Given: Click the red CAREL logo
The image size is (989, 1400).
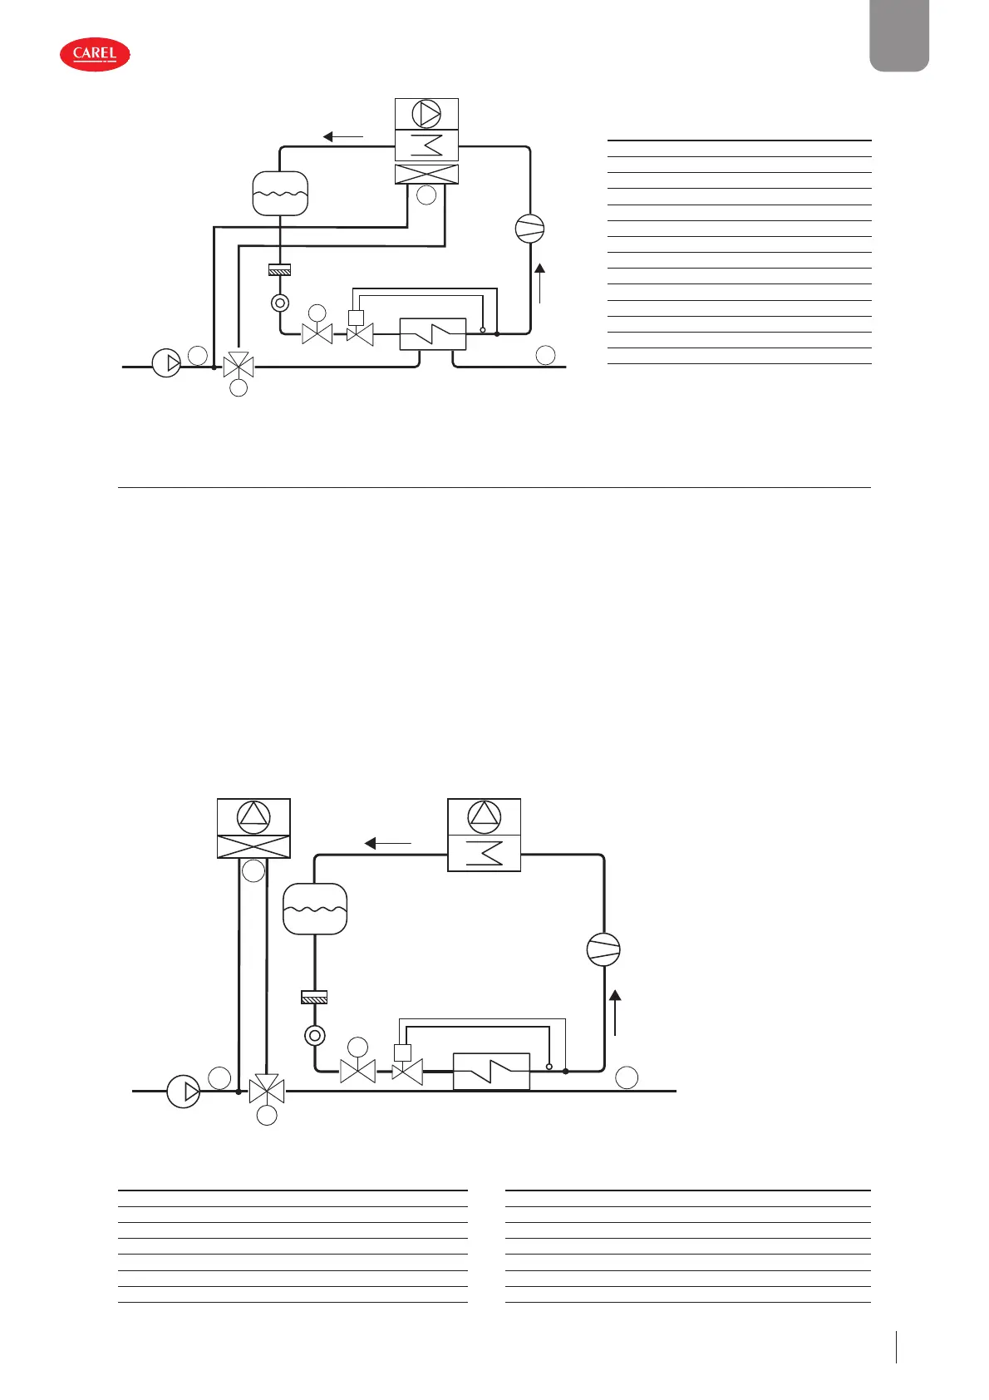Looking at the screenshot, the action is (x=95, y=54).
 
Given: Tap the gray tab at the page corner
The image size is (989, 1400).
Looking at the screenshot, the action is (x=898, y=35).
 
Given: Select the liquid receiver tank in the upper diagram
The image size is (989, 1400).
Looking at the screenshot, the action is (x=280, y=194).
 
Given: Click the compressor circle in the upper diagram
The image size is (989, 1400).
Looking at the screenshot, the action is (x=529, y=229).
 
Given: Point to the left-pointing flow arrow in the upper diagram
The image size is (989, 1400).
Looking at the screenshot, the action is (x=342, y=137).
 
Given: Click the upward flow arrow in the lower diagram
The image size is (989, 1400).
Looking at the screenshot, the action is (x=615, y=1012).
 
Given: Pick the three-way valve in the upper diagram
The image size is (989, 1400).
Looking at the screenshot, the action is (x=239, y=365).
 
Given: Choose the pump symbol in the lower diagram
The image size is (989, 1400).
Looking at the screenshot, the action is (x=184, y=1091).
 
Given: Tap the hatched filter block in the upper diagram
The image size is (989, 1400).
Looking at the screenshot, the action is (x=280, y=269).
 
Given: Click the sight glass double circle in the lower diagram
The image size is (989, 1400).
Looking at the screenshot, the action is (x=315, y=1036).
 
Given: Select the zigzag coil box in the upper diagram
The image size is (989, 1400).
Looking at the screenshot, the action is (x=426, y=145).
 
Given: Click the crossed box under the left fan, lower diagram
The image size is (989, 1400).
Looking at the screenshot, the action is (x=253, y=846).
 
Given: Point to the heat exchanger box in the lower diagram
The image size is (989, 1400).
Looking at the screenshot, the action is (x=491, y=1072).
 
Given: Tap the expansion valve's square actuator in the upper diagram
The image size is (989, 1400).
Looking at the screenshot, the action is (x=357, y=317).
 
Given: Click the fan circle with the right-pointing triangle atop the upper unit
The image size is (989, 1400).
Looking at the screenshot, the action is (x=426, y=114).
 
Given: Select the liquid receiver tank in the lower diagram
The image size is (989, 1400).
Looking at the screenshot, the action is (x=315, y=909).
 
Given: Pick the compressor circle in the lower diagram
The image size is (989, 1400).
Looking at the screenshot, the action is (x=603, y=949).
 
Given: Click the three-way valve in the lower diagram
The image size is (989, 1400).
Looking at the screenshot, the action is (x=267, y=1088).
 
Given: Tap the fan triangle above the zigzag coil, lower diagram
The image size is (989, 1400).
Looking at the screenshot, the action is (x=485, y=817).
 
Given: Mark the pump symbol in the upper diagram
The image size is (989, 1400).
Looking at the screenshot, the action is (x=166, y=363).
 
